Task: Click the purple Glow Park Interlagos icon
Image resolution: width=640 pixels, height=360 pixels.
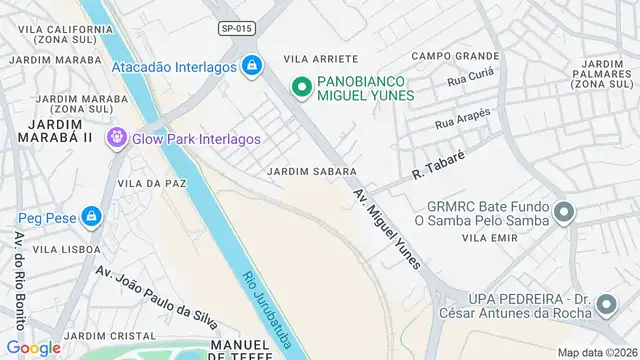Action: (x=117, y=138)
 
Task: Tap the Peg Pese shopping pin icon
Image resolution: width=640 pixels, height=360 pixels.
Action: (x=92, y=216)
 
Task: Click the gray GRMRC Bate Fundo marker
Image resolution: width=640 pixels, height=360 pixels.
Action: (x=565, y=212)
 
